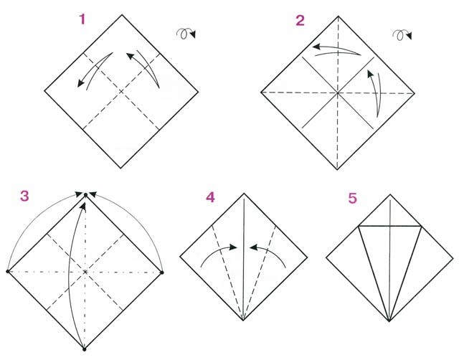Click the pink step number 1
point(82,19)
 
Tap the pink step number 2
point(300,21)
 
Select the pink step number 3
point(24,196)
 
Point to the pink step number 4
point(210,197)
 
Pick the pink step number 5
point(353,198)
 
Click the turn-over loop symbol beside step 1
point(186,34)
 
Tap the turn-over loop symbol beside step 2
point(402,35)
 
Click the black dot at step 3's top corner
point(85,194)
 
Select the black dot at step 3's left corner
point(8,272)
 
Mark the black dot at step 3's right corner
point(162,273)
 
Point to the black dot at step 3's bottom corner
point(85,349)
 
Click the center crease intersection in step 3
point(85,272)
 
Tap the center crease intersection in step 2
point(338,93)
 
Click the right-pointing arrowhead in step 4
point(233,247)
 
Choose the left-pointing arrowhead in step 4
point(253,247)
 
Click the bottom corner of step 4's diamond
point(243,321)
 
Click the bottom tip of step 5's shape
point(389,321)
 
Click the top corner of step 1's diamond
point(122,14)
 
